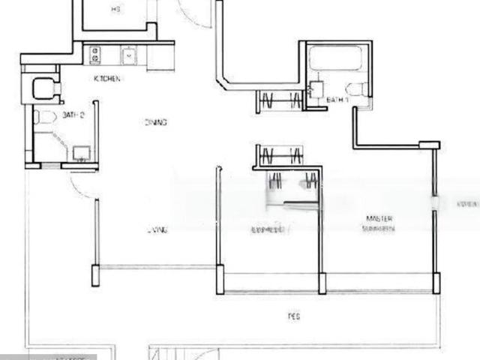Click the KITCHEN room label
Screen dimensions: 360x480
tap(107, 79)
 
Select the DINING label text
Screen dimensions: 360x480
tap(156, 122)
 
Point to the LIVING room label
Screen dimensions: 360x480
tap(157, 229)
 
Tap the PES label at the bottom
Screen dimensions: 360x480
tap(293, 317)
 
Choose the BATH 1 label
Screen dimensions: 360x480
tap(337, 99)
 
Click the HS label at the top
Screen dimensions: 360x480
tap(115, 10)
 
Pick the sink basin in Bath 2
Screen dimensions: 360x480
tap(79, 153)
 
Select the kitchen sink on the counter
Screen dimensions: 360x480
tap(129, 55)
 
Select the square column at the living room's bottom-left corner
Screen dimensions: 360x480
tap(95, 275)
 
